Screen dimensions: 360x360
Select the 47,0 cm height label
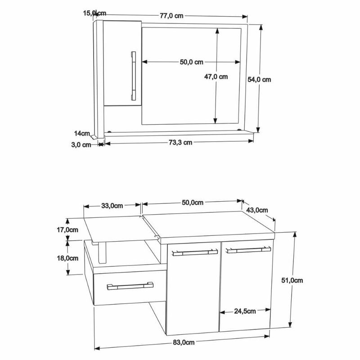click(216, 76)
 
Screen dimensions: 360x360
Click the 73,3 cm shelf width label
click(180, 143)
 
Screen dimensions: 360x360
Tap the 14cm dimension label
click(81, 133)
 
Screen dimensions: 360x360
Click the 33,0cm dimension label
click(112, 206)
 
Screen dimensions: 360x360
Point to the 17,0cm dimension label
click(67, 229)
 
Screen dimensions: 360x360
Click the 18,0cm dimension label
click(67, 259)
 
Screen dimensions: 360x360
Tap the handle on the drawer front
click(130, 285)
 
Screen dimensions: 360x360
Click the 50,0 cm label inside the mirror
click(192, 62)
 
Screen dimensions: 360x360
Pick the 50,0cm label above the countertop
click(192, 203)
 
